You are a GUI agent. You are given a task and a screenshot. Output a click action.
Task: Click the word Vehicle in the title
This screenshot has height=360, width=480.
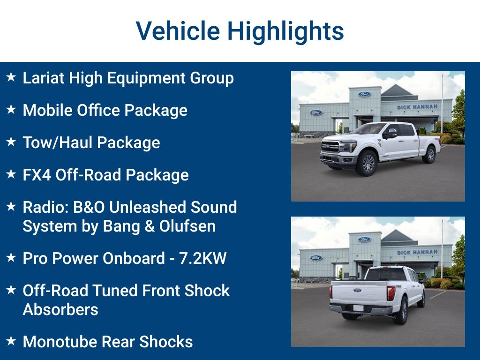(178, 31)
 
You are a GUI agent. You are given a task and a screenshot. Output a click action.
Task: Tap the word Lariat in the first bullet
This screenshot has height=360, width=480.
(44, 78)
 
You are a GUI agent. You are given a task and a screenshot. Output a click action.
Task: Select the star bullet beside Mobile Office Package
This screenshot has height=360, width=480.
(11, 110)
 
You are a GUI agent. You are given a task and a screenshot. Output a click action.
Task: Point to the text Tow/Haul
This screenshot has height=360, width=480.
(53, 142)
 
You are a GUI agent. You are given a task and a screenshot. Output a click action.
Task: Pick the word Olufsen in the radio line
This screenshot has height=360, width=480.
(187, 226)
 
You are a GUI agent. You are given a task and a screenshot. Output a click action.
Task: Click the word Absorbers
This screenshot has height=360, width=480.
(60, 309)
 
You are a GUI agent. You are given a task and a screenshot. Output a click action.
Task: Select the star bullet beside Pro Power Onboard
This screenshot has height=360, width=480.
(11, 258)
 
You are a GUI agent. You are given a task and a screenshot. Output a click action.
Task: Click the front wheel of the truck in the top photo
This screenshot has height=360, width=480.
(367, 164)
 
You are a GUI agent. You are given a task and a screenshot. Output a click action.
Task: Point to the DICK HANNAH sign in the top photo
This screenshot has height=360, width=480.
(417, 107)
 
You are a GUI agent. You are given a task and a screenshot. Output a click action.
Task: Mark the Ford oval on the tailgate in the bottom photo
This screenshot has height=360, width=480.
(358, 291)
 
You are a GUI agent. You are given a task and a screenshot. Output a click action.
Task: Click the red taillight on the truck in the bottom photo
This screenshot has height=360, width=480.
(391, 293)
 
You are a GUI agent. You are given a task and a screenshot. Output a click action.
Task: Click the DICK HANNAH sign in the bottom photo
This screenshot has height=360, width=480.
(417, 252)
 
